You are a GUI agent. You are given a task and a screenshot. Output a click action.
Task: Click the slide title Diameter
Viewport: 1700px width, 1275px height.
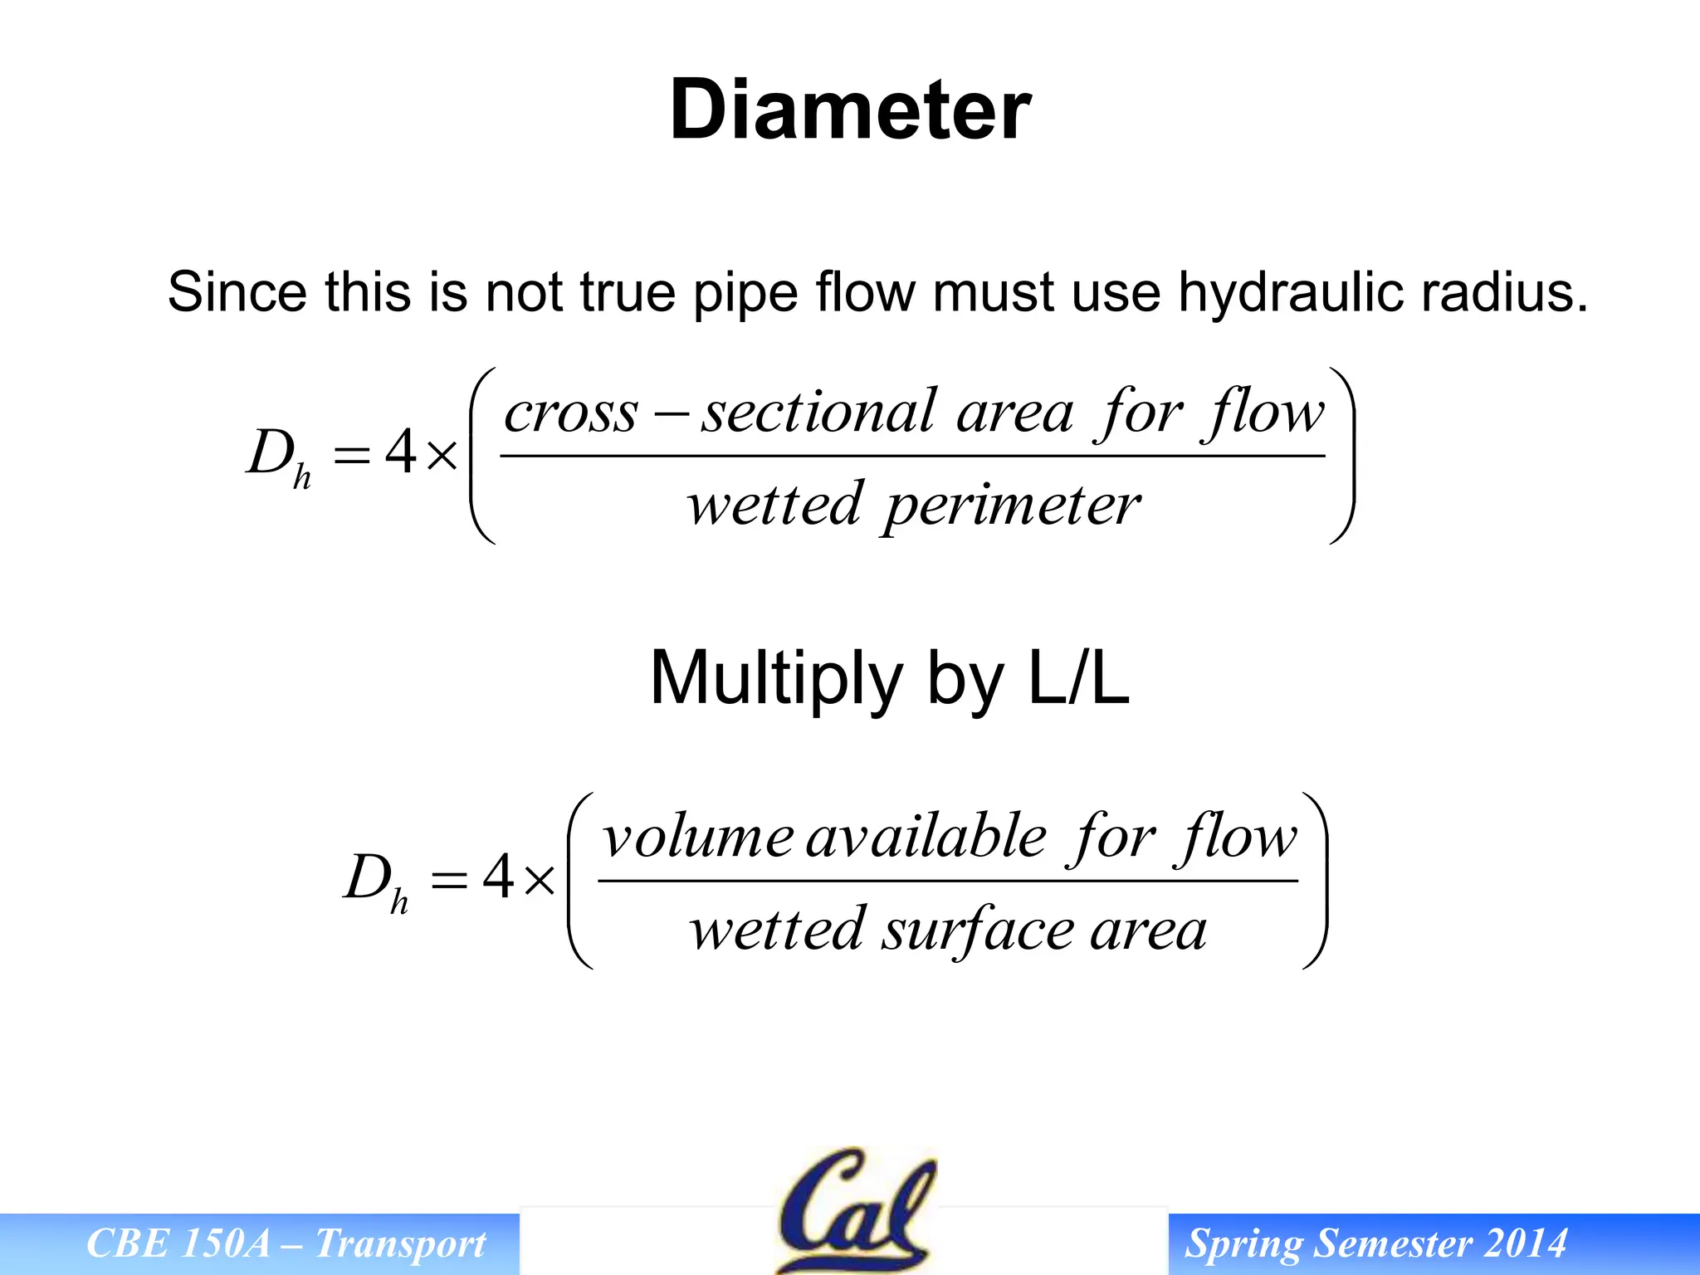point(850,110)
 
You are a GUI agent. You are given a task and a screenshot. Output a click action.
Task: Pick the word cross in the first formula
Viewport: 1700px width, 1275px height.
point(572,413)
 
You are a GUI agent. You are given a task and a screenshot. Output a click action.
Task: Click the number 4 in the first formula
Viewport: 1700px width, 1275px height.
point(401,453)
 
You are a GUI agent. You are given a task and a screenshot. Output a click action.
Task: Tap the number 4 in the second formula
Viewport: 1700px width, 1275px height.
point(498,877)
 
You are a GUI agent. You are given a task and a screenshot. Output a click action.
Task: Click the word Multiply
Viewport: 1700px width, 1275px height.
point(776,679)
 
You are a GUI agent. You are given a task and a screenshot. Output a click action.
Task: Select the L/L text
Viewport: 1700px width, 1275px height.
point(1078,677)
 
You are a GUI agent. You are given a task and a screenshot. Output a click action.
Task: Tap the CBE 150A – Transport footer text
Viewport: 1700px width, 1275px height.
point(286,1243)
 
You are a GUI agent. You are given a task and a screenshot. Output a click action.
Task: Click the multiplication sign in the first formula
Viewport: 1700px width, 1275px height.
point(442,456)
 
